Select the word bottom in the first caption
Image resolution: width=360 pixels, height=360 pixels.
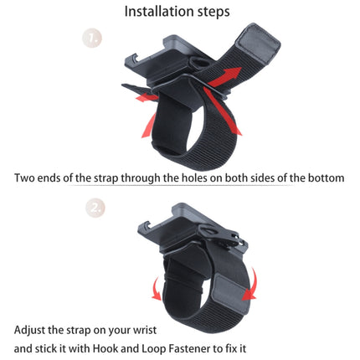tap(324, 178)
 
